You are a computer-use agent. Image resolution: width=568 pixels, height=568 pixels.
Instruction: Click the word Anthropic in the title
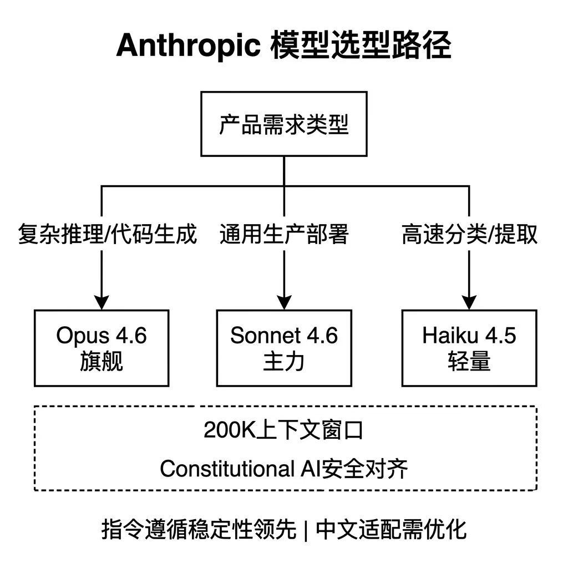[x=188, y=45]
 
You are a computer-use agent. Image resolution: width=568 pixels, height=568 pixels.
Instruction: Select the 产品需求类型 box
[x=284, y=124]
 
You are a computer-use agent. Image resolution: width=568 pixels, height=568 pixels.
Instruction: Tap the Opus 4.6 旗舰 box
[x=102, y=348]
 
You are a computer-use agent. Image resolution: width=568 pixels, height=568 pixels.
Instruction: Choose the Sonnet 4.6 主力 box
[x=284, y=348]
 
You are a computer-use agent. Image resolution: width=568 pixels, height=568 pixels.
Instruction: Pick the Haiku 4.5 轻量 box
[x=469, y=348]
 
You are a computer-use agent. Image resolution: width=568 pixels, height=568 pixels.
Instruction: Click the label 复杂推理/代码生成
[x=107, y=234]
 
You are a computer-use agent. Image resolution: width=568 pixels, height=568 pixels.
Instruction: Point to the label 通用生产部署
[x=284, y=234]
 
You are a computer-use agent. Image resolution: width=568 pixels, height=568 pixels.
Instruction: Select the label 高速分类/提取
[x=469, y=234]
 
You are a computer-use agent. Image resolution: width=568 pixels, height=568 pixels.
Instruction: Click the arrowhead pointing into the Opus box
[x=102, y=302]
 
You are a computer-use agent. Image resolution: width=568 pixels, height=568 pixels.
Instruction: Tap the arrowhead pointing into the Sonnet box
[x=284, y=302]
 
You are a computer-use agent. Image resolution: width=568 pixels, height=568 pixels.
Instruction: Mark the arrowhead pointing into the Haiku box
[x=469, y=302]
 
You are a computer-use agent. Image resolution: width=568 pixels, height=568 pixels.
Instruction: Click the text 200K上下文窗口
[x=283, y=430]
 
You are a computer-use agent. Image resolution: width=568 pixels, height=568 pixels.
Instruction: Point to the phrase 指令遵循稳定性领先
[x=199, y=529]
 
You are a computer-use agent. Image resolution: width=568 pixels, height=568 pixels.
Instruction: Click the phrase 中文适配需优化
[x=391, y=529]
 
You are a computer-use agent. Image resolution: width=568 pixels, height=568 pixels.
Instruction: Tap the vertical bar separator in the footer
[x=306, y=530]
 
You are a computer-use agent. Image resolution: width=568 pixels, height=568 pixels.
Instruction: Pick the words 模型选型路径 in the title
[x=361, y=45]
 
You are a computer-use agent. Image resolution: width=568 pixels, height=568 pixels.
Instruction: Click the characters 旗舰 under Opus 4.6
[x=102, y=361]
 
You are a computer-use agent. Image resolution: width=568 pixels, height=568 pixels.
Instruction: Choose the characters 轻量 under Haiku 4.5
[x=469, y=361]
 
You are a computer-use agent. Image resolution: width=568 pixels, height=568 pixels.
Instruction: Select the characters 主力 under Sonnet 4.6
[x=284, y=361]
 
